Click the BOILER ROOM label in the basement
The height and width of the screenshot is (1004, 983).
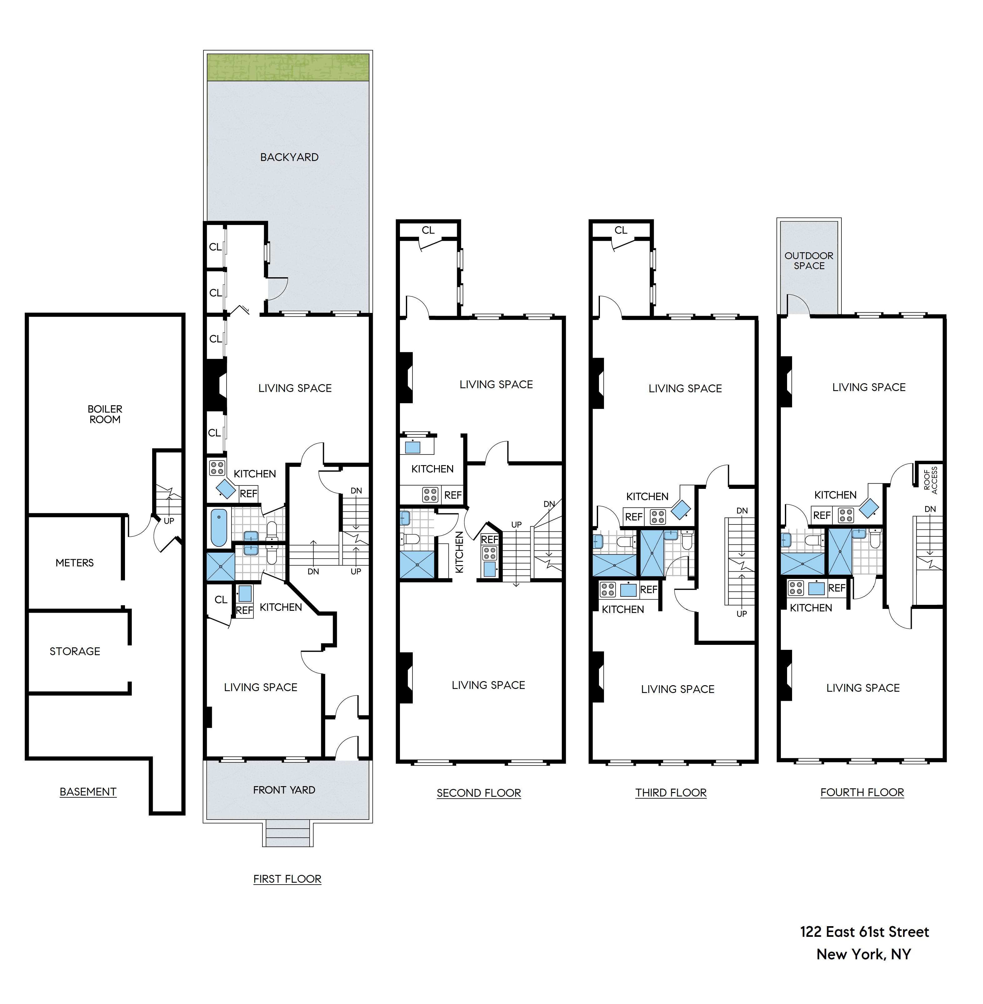(x=105, y=414)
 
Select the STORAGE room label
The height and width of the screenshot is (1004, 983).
(x=75, y=651)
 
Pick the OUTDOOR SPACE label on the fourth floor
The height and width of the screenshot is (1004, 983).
(x=809, y=260)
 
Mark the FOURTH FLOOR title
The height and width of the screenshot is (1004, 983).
(x=862, y=792)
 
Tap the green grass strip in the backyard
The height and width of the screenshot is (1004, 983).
(x=288, y=68)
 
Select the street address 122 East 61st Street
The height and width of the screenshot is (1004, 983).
(x=864, y=932)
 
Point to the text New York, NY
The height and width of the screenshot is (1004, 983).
(x=863, y=954)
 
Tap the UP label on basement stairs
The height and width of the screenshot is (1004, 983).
(x=169, y=521)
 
